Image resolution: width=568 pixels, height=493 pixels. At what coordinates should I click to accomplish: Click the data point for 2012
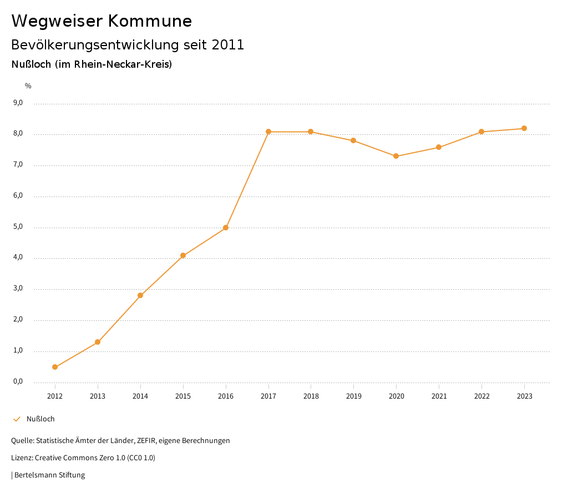55,367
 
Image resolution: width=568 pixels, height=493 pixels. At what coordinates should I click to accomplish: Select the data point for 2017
268,132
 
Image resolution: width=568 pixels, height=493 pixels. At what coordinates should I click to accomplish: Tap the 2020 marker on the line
396,156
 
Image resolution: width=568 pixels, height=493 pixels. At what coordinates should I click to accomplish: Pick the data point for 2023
524,128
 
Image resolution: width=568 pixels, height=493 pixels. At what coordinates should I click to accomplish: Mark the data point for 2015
183,255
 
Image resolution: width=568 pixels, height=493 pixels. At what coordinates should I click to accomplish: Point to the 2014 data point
140,295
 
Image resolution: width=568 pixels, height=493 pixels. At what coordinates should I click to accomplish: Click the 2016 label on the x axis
226,396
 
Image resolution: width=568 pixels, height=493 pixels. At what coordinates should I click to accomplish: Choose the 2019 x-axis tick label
354,396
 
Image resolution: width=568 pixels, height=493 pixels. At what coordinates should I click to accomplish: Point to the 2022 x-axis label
482,396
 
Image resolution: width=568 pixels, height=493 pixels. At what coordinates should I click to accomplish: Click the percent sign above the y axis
28,86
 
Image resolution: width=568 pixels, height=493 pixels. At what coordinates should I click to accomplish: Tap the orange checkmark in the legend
17,419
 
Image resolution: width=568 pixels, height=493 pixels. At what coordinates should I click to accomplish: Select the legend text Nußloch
40,419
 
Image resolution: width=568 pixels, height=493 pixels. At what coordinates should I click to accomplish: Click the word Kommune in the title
150,21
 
